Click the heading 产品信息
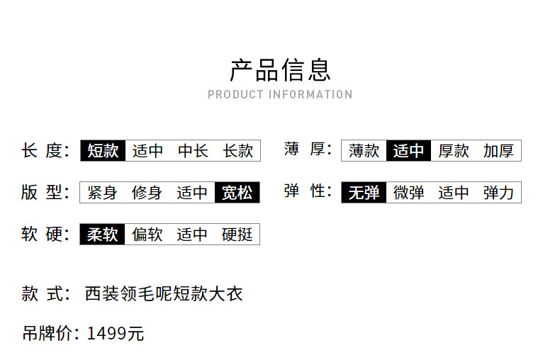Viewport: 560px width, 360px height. click(x=281, y=70)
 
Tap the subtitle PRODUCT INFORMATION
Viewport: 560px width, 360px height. click(x=281, y=95)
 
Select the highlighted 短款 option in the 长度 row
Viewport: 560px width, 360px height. click(x=103, y=151)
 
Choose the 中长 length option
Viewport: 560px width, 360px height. click(x=193, y=151)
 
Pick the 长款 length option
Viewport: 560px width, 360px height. click(x=238, y=151)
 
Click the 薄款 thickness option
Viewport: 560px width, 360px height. click(x=364, y=151)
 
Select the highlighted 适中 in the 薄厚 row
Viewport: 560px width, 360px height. click(x=408, y=151)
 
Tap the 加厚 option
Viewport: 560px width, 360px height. click(x=498, y=151)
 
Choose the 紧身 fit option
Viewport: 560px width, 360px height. click(x=102, y=193)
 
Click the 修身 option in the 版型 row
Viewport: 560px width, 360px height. click(x=147, y=193)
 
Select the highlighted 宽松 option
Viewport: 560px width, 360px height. click(x=237, y=193)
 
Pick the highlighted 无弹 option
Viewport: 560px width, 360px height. click(x=364, y=193)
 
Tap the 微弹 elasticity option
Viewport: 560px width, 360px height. click(x=409, y=193)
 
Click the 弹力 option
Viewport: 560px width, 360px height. click(x=498, y=193)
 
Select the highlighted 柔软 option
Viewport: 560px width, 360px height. click(x=102, y=235)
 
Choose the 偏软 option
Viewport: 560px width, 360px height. click(x=147, y=235)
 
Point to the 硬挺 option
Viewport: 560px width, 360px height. click(x=237, y=235)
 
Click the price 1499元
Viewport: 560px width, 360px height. click(x=116, y=334)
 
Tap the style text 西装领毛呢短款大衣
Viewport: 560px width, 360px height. click(x=164, y=294)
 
